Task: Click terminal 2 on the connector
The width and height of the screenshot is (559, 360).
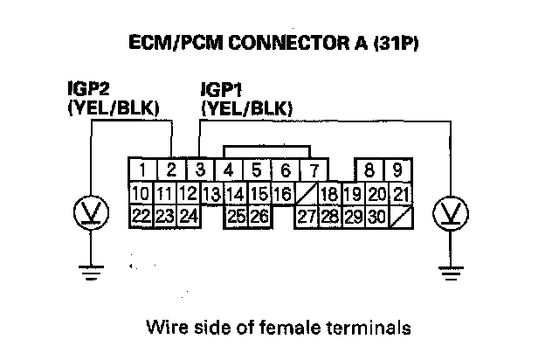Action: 172,170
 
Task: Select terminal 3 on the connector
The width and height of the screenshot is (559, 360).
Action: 200,170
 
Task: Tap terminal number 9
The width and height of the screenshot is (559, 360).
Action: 397,170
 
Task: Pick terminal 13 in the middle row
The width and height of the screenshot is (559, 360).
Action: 210,193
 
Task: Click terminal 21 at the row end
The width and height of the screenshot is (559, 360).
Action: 401,193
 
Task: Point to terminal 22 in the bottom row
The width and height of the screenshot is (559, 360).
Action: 140,215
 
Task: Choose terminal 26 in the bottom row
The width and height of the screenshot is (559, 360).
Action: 259,215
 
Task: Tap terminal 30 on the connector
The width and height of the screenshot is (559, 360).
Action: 376,215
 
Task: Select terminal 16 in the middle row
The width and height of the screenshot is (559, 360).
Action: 281,193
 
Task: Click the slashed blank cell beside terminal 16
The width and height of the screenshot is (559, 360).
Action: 305,193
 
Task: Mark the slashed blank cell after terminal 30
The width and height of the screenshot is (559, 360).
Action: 401,215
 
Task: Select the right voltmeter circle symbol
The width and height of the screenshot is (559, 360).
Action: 452,211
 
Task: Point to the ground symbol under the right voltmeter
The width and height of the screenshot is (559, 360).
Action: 452,273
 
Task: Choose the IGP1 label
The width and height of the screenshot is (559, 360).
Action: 221,90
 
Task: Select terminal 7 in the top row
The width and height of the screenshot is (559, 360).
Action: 314,170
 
